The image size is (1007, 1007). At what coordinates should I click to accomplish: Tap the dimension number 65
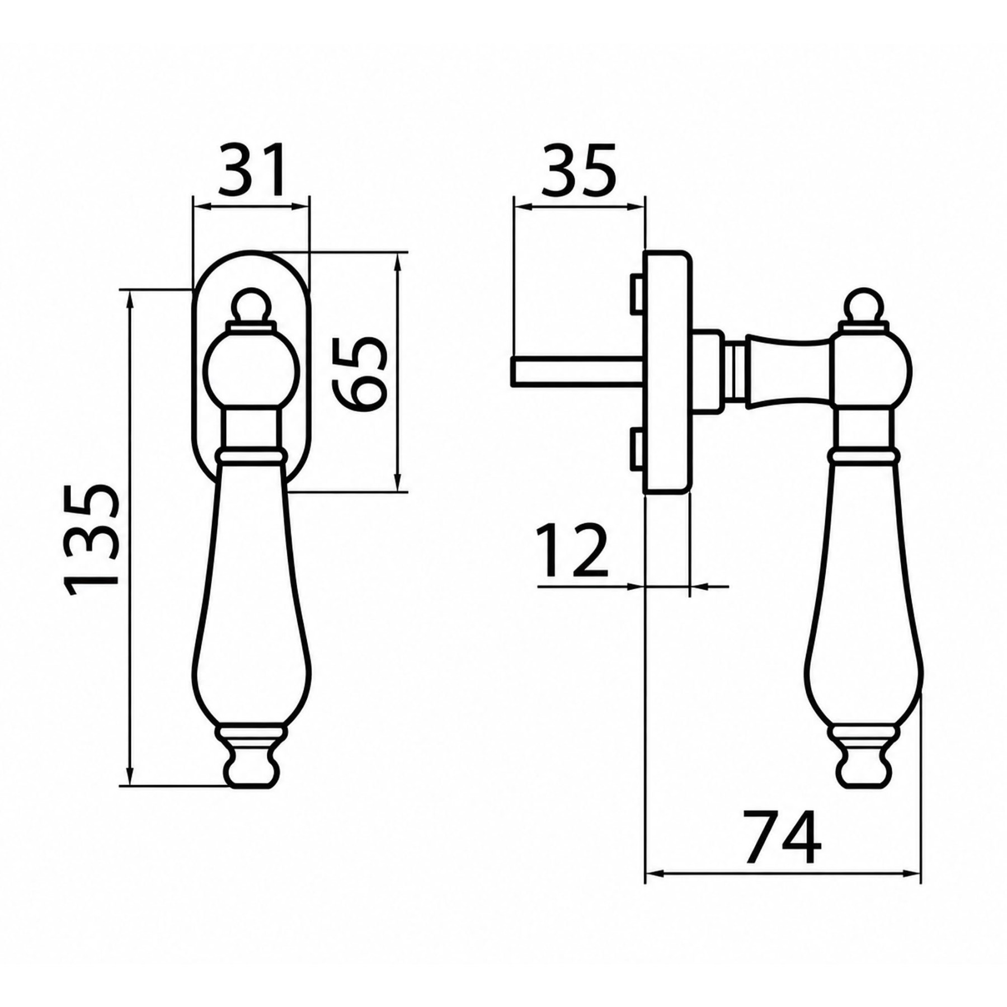coord(359,373)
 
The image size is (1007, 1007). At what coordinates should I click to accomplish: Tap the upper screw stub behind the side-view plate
coord(638,293)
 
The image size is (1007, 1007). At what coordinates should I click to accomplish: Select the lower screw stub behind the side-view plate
coord(638,449)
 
